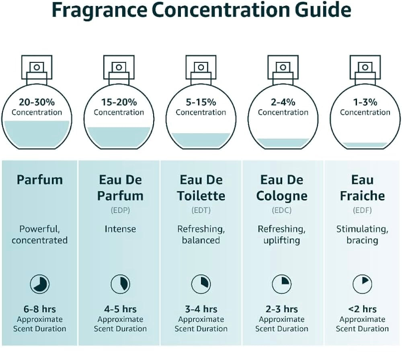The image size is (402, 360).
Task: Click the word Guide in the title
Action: pos(323,10)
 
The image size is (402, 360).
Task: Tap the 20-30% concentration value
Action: pos(37,102)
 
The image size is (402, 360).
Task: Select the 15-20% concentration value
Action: pos(119,102)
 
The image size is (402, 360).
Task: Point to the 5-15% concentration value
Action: pos(201,102)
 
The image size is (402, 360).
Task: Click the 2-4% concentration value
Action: pos(283,102)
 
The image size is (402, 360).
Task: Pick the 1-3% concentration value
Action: pos(365,102)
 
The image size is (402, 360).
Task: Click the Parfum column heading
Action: pos(40,180)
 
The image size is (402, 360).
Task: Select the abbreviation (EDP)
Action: pos(120,210)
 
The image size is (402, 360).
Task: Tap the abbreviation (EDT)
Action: pos(201,210)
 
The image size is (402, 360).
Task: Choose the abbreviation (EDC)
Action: pos(282,210)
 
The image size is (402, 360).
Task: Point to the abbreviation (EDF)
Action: pos(362,210)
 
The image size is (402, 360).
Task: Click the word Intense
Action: pos(120,229)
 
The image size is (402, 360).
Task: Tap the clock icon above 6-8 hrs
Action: pos(40,284)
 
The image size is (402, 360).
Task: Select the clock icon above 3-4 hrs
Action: pos(201,284)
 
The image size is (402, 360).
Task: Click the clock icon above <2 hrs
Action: pos(362,284)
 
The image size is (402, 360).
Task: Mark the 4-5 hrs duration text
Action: pos(120,309)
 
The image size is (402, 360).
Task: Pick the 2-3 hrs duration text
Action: pos(282,309)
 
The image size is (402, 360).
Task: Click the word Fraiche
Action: pos(362,196)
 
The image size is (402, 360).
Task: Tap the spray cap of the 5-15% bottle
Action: pos(201,67)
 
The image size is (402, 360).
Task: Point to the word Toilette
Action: pos(201,196)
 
